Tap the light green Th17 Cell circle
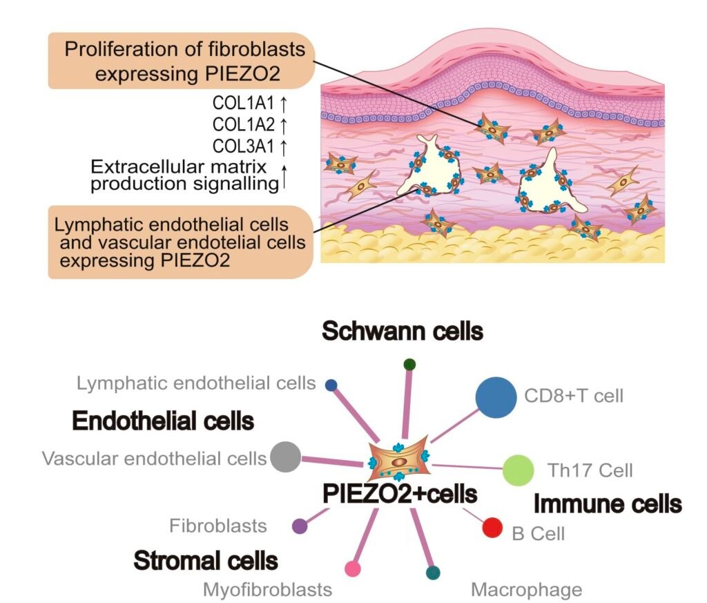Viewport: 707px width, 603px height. [x=518, y=470]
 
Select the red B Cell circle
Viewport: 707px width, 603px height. [x=491, y=528]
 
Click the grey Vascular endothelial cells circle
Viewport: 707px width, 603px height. [x=284, y=457]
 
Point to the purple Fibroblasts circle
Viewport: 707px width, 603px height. [x=300, y=526]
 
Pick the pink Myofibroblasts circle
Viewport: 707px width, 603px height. [x=353, y=569]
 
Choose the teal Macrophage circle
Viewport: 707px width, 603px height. [x=433, y=572]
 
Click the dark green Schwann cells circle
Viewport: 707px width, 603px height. [x=409, y=364]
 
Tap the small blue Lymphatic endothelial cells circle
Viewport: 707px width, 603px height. [x=331, y=385]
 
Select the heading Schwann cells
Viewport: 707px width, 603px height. [x=403, y=332]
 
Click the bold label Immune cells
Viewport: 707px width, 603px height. [x=608, y=504]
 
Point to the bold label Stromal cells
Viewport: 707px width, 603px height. [x=206, y=561]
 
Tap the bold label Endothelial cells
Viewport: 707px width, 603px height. [x=163, y=421]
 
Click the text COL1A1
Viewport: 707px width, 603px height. [x=244, y=104]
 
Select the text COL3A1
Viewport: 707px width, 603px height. [x=244, y=146]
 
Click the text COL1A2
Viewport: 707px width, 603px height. [x=244, y=125]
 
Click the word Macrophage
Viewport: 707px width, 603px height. [x=526, y=590]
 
